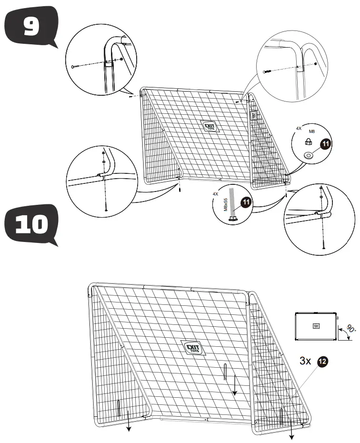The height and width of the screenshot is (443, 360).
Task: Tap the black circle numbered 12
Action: point(322,362)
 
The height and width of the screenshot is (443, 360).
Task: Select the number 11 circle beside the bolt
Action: point(246,202)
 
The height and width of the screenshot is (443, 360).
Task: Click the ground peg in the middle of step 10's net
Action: point(224,372)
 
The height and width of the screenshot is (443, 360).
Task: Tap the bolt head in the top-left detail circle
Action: point(73,67)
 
